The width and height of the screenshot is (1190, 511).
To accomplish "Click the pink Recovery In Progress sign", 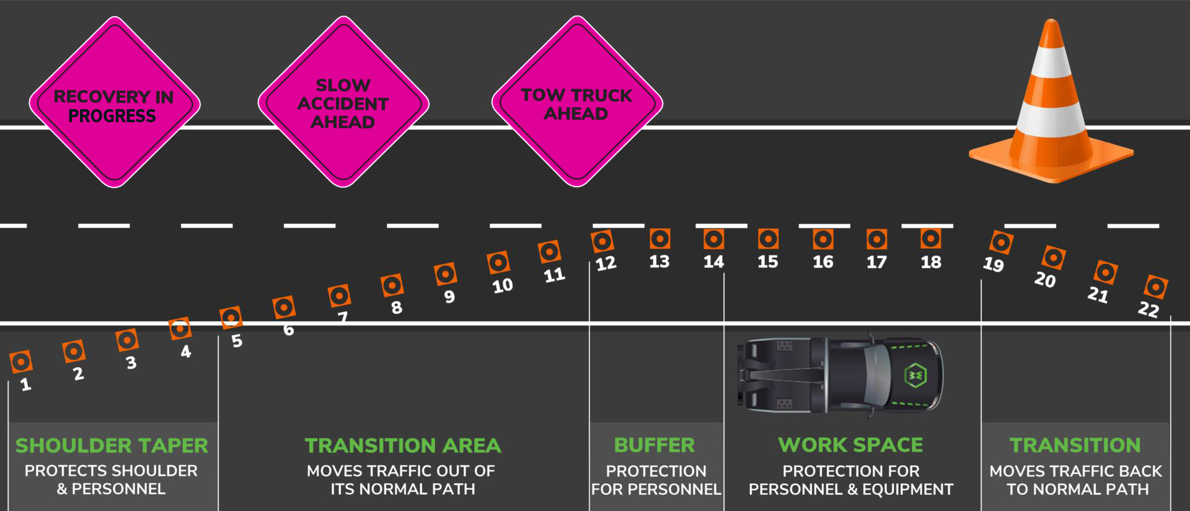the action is click(115, 102).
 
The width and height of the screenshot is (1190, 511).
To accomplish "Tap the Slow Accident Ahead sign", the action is click(343, 102).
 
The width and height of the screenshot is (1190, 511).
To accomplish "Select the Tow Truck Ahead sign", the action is click(577, 102).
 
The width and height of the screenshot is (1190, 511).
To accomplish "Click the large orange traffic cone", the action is click(1051, 102).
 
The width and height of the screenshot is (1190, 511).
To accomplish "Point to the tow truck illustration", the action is click(840, 375).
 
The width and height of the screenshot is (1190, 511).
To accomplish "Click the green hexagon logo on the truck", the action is click(915, 375).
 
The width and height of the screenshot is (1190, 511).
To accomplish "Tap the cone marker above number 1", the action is click(21, 362).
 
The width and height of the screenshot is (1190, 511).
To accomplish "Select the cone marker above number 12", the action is click(602, 241).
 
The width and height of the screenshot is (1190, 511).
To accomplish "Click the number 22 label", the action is click(1148, 309).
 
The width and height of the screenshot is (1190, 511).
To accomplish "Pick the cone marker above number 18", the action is click(930, 239).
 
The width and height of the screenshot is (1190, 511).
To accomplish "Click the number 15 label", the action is click(767, 262).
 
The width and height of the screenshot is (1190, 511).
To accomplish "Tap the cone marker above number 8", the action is click(392, 285).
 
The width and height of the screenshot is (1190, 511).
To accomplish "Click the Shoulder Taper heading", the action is click(112, 445).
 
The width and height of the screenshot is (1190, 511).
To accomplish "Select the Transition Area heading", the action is click(403, 445).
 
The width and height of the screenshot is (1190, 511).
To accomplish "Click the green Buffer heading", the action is click(654, 445).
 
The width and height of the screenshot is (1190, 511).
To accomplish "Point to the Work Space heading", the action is click(850, 445).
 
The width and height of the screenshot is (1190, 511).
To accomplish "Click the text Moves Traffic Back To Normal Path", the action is click(1076, 480).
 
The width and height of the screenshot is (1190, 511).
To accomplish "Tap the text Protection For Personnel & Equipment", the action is click(851, 480).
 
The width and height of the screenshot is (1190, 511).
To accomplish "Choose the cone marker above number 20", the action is click(1054, 257).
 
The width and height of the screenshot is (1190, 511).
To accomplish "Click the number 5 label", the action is click(237, 341).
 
